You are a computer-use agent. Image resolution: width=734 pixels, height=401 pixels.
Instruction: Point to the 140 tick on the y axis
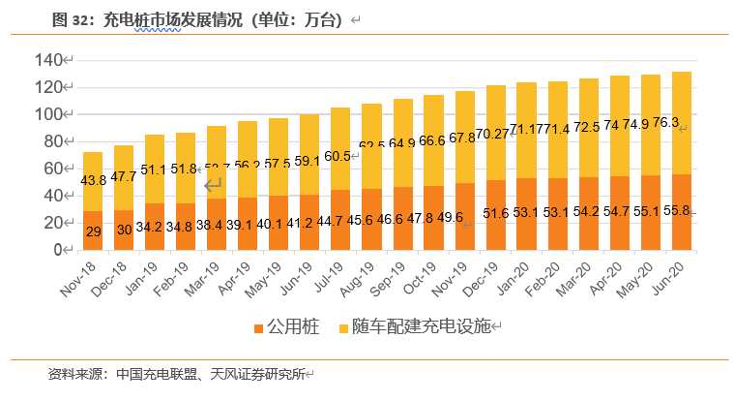[x=45, y=60]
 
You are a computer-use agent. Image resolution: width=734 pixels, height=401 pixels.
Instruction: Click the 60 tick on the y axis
[x=49, y=169]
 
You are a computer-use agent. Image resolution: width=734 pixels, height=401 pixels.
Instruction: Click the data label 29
[x=93, y=231]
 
